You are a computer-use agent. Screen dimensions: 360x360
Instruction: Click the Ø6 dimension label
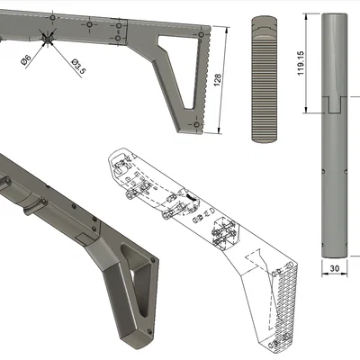[x=26, y=60]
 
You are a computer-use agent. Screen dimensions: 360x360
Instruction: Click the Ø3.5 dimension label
[x=79, y=67]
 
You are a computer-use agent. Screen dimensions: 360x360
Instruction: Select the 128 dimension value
[x=218, y=80]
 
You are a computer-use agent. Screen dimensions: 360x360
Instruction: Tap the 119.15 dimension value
[x=301, y=63]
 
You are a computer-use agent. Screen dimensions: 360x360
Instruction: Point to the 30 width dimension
[x=334, y=268]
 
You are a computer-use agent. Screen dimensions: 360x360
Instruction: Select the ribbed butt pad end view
[x=264, y=79]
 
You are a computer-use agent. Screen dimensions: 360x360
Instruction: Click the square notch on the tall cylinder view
[x=335, y=104]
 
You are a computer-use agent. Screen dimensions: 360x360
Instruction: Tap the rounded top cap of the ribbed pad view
[x=264, y=27]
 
